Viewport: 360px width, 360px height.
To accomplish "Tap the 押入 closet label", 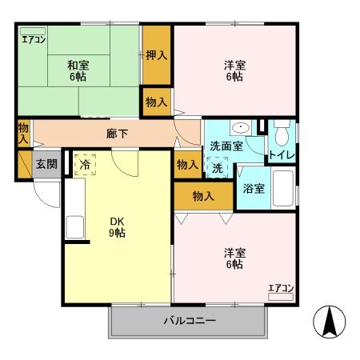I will (x=156, y=55).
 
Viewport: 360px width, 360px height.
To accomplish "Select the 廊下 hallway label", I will (x=117, y=134).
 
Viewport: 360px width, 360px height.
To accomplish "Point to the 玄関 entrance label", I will (x=46, y=164).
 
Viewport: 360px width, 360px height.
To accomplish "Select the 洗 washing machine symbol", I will (x=218, y=167).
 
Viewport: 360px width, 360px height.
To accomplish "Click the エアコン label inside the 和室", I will (x=33, y=38).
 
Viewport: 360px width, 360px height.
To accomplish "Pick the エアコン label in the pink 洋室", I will (x=281, y=288).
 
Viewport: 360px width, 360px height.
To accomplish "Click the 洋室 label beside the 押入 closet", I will (x=234, y=71).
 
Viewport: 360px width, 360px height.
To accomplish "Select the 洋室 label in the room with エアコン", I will (x=234, y=258).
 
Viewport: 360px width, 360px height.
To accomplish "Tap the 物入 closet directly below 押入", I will (x=156, y=102).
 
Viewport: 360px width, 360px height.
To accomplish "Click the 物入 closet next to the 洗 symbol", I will (x=187, y=164).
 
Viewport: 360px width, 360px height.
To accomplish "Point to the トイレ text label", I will (x=280, y=154).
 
